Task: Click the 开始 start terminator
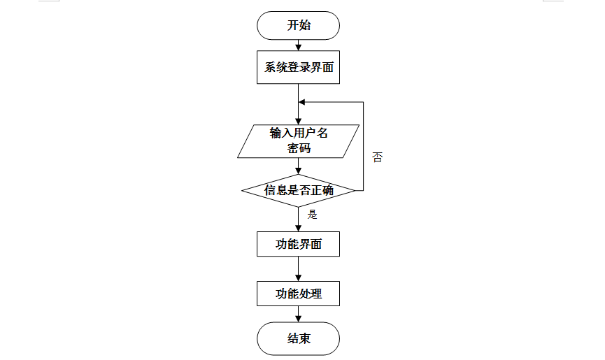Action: coord(298,25)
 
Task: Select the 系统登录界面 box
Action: coord(298,67)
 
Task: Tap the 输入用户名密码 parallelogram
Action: coord(298,141)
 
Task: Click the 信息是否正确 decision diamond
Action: coord(298,190)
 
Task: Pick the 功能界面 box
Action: coord(298,244)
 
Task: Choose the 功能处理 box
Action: coord(298,294)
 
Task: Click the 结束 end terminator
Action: coord(298,338)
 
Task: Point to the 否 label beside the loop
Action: coord(378,157)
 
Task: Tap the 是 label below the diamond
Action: coord(312,215)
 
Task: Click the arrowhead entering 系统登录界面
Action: coord(298,48)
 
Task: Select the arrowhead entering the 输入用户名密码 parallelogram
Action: coord(298,122)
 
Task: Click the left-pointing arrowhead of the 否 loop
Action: coord(302,102)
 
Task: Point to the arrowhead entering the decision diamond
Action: coord(298,171)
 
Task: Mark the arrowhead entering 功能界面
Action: coord(298,229)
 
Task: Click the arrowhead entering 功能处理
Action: coord(298,278)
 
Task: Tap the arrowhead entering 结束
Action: coord(298,319)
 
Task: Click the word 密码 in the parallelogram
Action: coord(299,148)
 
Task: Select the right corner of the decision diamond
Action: coord(355,190)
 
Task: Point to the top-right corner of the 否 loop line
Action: coord(364,102)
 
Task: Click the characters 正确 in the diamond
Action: coord(322,190)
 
